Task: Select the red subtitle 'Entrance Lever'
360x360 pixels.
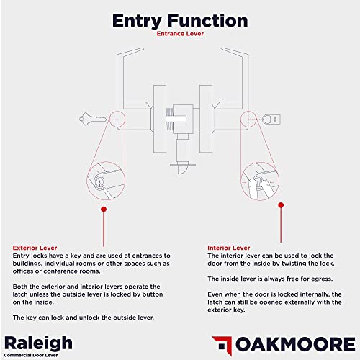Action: (x=180, y=33)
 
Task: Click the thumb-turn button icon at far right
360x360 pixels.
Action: (x=270, y=119)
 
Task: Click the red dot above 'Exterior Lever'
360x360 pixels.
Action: (x=103, y=210)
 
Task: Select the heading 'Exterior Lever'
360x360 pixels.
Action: (x=35, y=248)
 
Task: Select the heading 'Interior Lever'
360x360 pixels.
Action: (x=228, y=248)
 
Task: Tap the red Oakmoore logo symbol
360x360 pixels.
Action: (x=222, y=343)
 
